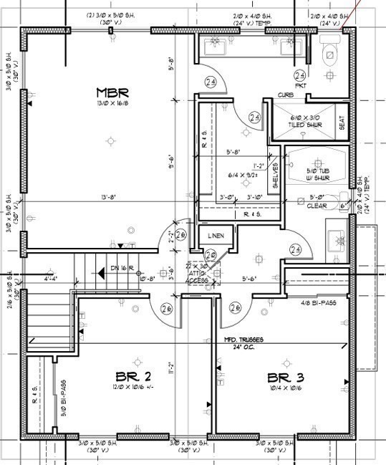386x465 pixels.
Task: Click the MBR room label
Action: (112, 93)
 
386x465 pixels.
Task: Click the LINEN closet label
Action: (216, 236)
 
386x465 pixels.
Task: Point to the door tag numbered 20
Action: (211, 255)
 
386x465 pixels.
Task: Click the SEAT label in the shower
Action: (341, 123)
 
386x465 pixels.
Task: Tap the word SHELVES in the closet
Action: (275, 176)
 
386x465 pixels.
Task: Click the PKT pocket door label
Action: (300, 85)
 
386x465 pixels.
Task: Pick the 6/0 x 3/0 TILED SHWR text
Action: (306, 121)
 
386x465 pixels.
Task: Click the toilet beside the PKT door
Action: (330, 52)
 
